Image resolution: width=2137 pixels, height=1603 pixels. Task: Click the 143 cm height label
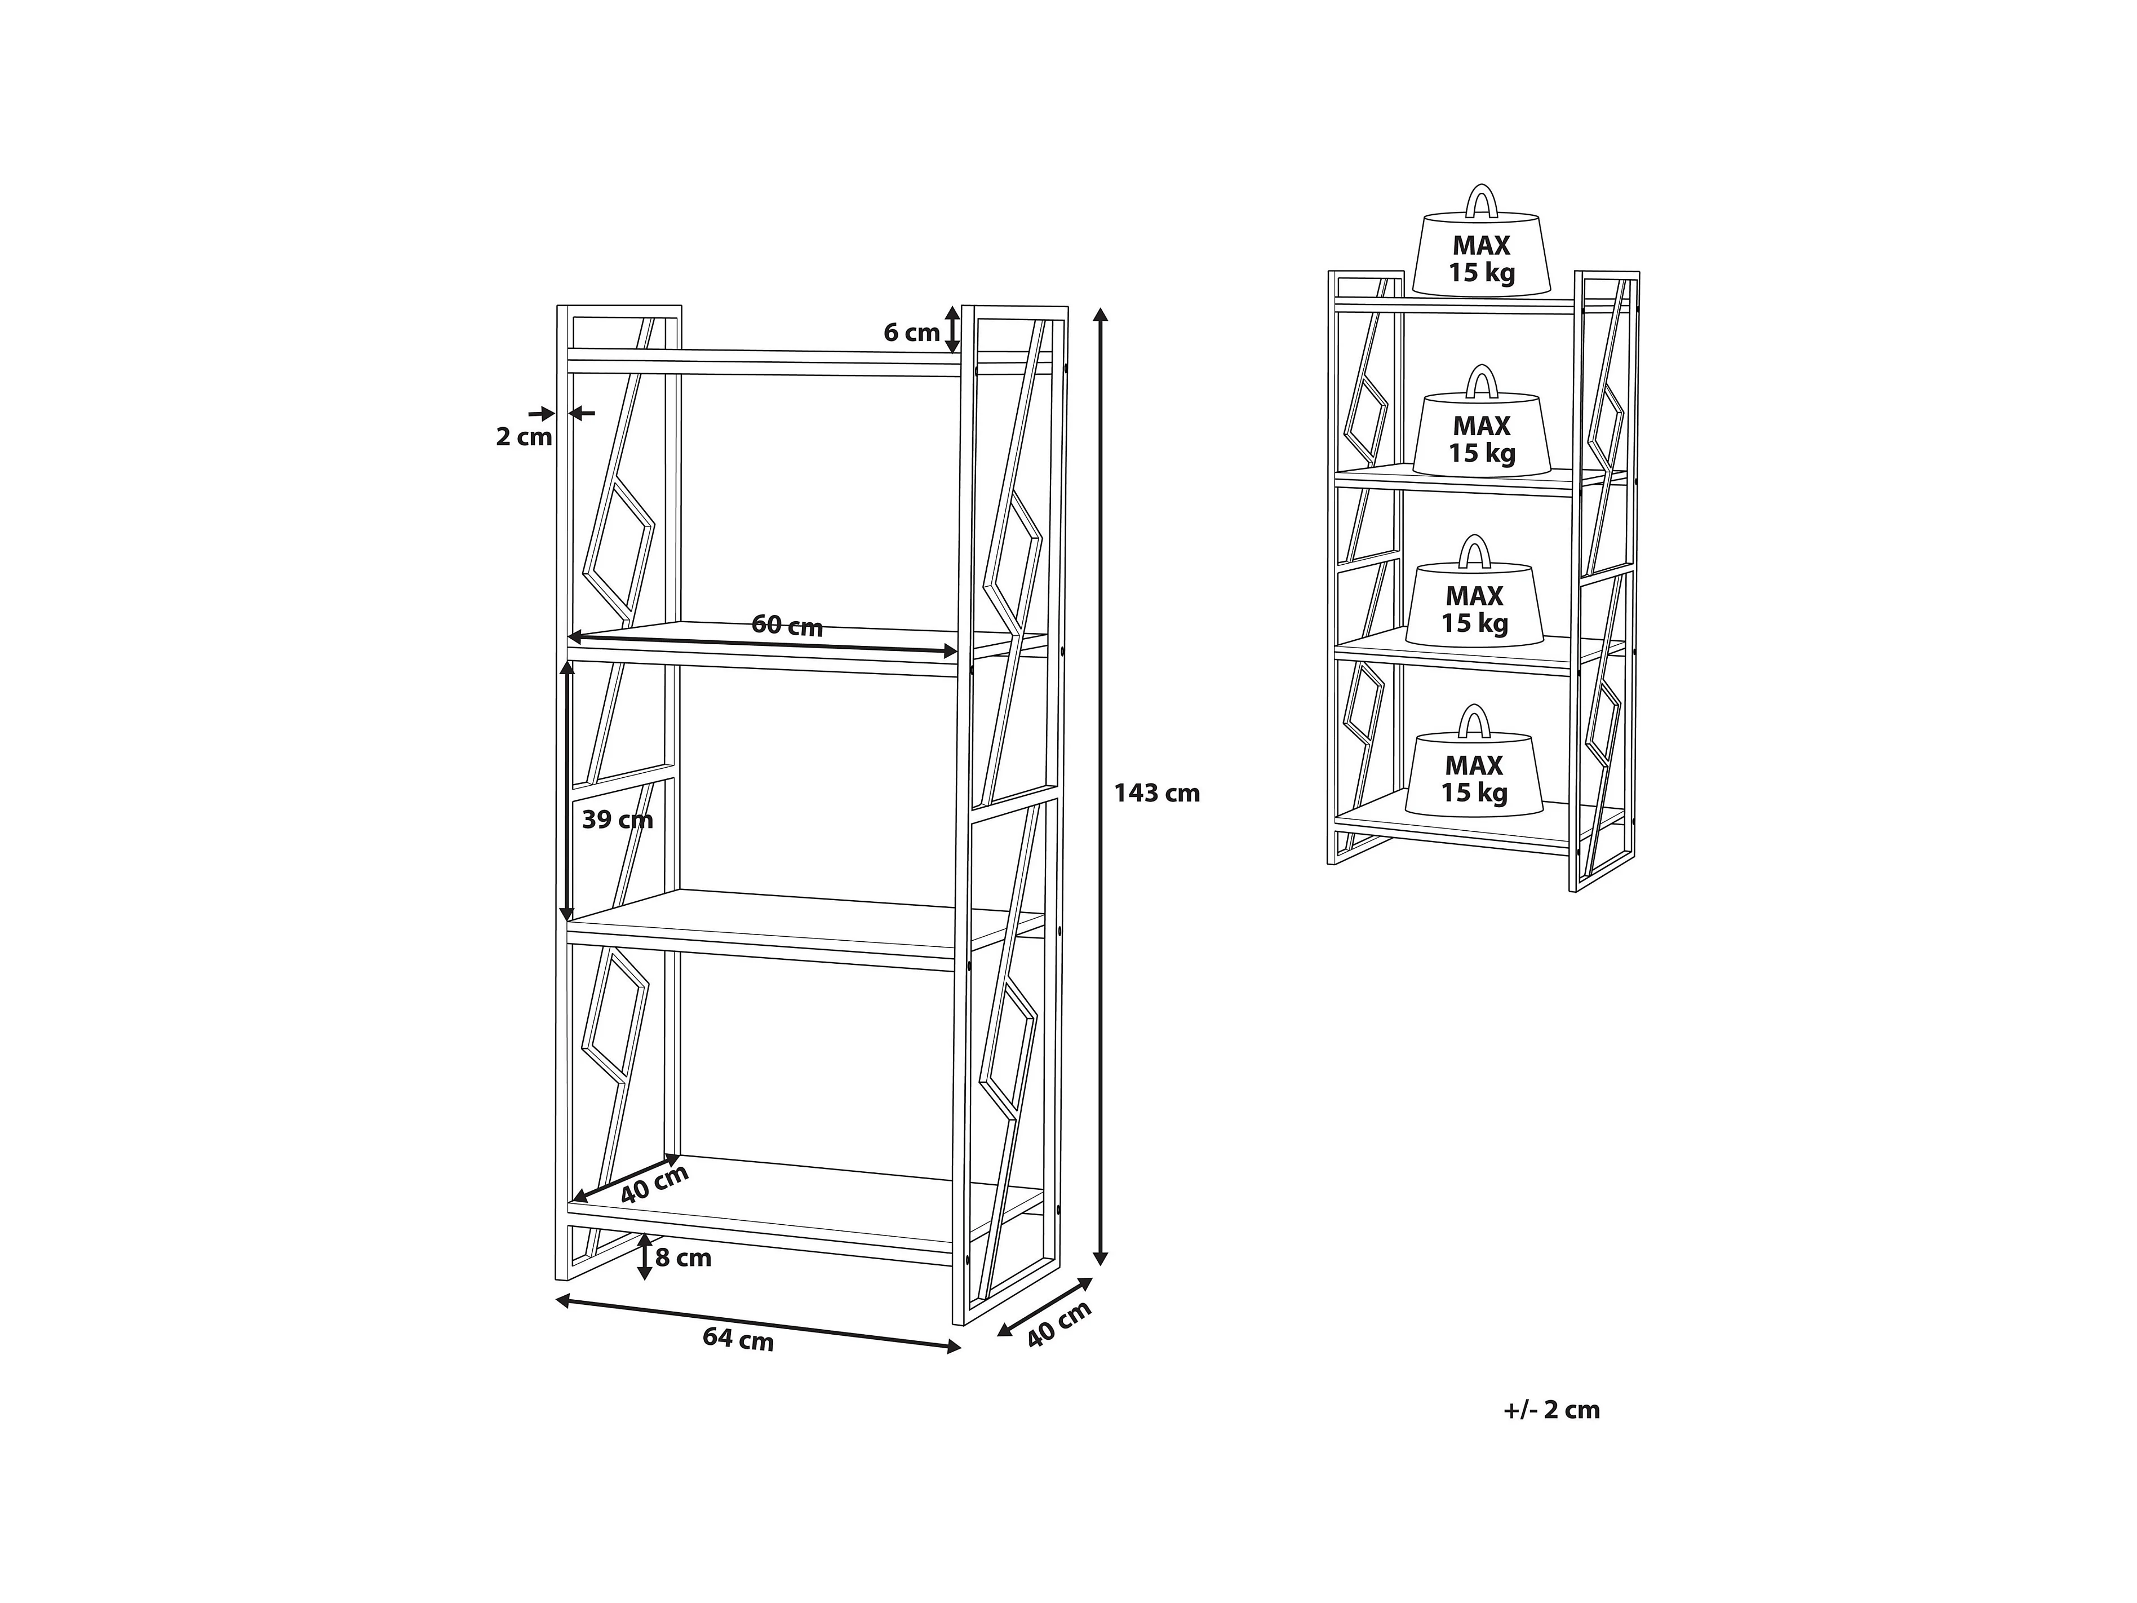click(1156, 793)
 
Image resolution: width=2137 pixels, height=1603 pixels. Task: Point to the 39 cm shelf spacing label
click(617, 820)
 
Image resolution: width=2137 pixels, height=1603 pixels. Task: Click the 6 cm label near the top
click(911, 333)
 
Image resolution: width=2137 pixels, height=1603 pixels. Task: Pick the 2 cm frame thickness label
click(524, 437)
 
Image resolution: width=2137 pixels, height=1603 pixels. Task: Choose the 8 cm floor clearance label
click(683, 1258)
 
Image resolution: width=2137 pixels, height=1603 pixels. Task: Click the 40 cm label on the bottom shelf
click(654, 1184)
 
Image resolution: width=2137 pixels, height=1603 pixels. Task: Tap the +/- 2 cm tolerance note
click(1551, 1410)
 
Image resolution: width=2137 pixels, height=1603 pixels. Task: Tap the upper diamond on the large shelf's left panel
click(618, 551)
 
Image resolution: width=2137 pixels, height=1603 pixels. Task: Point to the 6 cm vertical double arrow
click(952, 330)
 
